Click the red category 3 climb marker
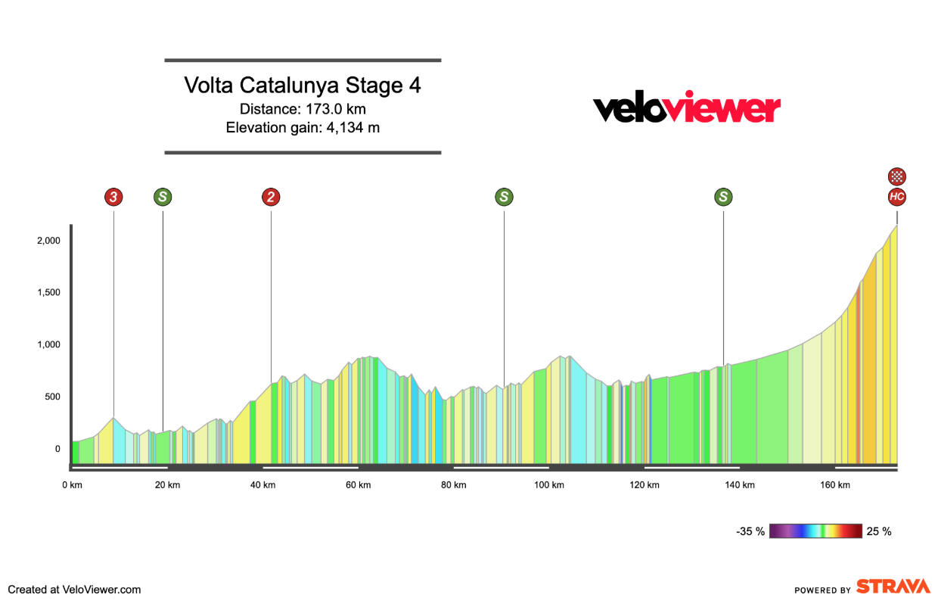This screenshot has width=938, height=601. point(113,198)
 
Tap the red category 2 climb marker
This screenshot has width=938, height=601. point(271,198)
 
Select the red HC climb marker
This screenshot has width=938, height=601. point(897,198)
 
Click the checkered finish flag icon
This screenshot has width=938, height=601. point(897,177)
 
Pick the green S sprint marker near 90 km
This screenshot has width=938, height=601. point(504,198)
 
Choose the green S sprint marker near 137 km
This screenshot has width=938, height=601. point(724,198)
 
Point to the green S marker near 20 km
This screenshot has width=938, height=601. point(163,198)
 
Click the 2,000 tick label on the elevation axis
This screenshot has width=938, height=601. point(47,241)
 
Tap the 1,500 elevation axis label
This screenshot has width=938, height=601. point(47,293)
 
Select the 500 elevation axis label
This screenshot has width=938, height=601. point(50,397)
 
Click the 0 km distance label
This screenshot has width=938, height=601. point(72,485)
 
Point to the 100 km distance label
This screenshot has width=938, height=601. point(549,485)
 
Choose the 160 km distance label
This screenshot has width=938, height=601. point(835,485)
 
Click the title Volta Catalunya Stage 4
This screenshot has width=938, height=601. point(303,86)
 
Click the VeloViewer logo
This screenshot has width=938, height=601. point(686,107)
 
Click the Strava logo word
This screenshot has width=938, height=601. point(893,587)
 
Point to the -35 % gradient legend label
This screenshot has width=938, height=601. point(750,531)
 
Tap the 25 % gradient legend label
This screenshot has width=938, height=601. point(879,531)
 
